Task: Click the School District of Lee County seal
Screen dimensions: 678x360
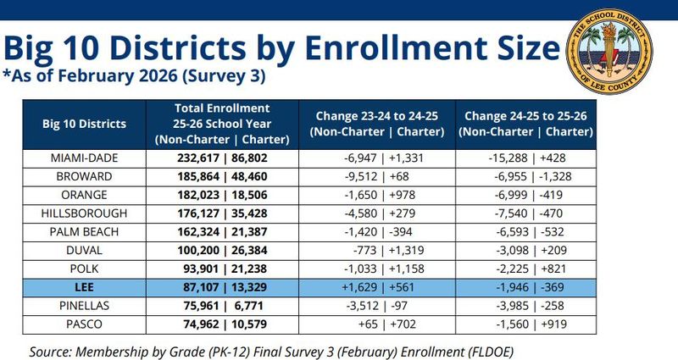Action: pyautogui.click(x=609, y=52)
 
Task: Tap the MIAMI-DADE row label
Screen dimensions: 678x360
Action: pyautogui.click(x=84, y=158)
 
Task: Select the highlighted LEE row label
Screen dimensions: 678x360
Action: pyautogui.click(x=84, y=287)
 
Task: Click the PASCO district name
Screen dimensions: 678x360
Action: pyautogui.click(x=84, y=324)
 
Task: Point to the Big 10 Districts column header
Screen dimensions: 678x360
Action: pyautogui.click(x=84, y=124)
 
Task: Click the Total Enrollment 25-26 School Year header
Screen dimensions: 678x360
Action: pyautogui.click(x=222, y=124)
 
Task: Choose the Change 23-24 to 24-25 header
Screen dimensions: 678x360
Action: pyautogui.click(x=377, y=124)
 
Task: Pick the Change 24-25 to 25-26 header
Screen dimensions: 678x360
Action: pyautogui.click(x=525, y=124)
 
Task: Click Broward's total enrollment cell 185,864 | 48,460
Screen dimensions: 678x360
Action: pyautogui.click(x=222, y=177)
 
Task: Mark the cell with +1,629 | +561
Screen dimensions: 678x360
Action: pyautogui.click(x=378, y=287)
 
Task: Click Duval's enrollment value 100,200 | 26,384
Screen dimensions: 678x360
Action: pyautogui.click(x=222, y=251)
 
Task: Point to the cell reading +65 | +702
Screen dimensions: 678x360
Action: pyautogui.click(x=387, y=324)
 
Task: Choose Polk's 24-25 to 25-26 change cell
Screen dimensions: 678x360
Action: pyautogui.click(x=531, y=269)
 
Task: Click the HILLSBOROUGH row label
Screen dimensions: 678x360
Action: pyautogui.click(x=84, y=213)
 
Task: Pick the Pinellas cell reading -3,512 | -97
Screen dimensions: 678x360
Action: pyautogui.click(x=376, y=306)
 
